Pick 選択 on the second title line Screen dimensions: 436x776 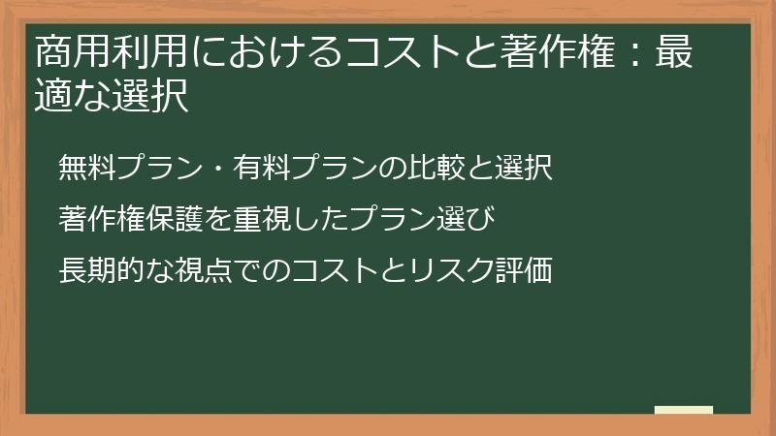(x=150, y=97)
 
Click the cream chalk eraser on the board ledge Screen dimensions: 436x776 (x=684, y=410)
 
